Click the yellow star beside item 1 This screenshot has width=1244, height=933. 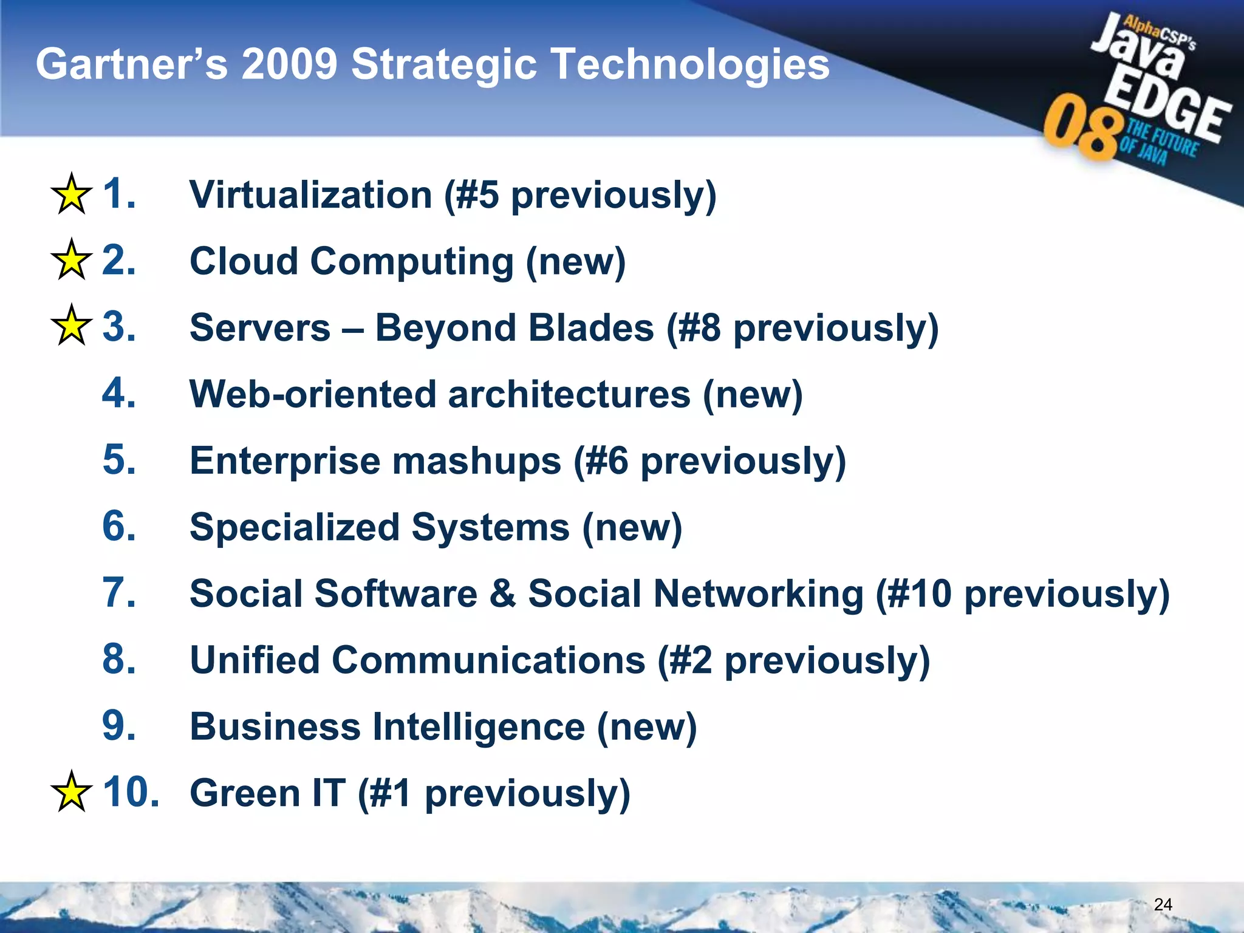(x=72, y=194)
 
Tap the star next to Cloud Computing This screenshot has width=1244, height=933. (x=72, y=261)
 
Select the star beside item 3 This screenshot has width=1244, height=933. (x=72, y=326)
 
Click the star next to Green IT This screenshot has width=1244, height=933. (x=72, y=792)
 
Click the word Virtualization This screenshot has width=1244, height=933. (x=310, y=195)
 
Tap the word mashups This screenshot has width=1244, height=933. (x=477, y=460)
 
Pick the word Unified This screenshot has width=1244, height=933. (x=255, y=660)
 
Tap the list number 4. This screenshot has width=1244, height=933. (x=118, y=393)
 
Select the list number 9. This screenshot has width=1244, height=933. (x=118, y=725)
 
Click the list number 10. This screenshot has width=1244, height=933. (x=131, y=792)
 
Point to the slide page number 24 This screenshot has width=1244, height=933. (x=1163, y=904)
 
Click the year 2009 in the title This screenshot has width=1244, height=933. (x=289, y=64)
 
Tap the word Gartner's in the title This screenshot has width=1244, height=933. (x=131, y=64)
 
